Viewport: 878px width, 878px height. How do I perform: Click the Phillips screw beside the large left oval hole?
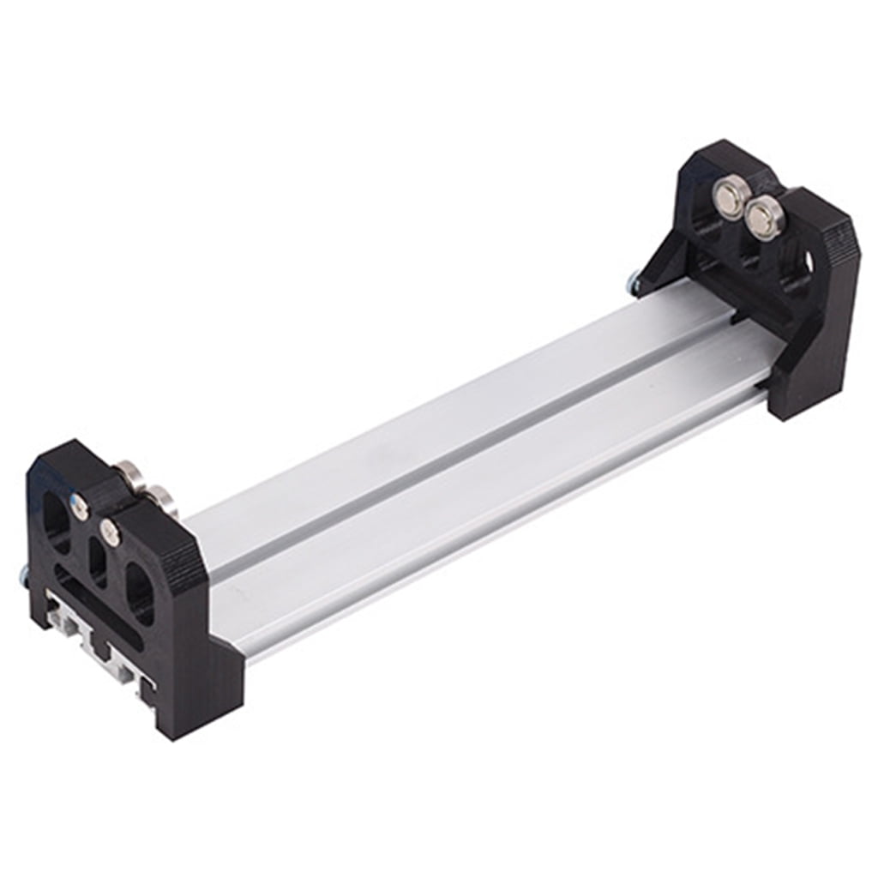[x=79, y=508]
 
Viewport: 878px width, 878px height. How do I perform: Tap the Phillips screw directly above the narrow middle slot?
[x=110, y=533]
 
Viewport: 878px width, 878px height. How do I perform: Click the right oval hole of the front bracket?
[x=139, y=592]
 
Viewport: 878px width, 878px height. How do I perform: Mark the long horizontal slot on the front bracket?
[x=99, y=604]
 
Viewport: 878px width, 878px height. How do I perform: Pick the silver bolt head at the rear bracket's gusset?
[x=633, y=281]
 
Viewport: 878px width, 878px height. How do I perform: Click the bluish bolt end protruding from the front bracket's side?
[x=23, y=577]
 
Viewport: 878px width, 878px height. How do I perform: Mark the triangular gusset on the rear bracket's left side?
[x=660, y=257]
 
